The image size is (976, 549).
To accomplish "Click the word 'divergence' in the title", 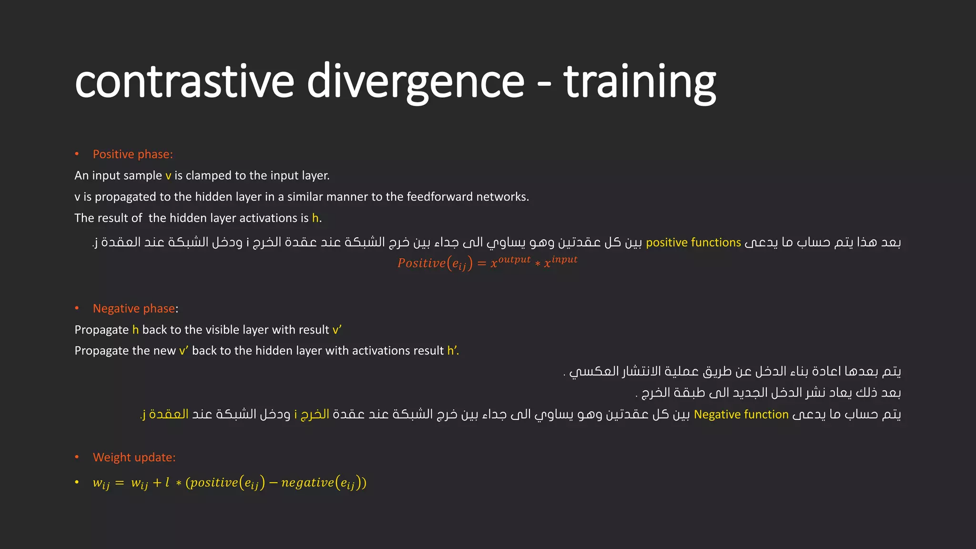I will point(416,82).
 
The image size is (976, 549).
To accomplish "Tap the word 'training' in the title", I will point(640,82).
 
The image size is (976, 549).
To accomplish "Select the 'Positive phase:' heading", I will point(132,154).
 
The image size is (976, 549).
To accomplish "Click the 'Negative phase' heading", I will point(134,309).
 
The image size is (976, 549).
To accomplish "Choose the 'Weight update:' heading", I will point(134,457).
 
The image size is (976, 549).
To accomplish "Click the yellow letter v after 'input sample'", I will point(168,176).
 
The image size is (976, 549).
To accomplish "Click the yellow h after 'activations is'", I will point(315,218).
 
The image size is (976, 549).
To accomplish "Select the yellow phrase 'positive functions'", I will point(693,243).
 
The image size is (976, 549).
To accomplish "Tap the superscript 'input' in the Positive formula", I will point(564,260).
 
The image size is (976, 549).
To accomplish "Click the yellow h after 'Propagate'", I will point(135,330).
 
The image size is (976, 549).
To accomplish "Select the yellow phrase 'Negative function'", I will point(741,415).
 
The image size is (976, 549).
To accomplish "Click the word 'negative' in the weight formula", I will point(307,483).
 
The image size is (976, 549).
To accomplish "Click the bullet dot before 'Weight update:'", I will point(77,457).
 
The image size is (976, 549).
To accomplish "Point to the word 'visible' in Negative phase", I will point(223,330).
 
